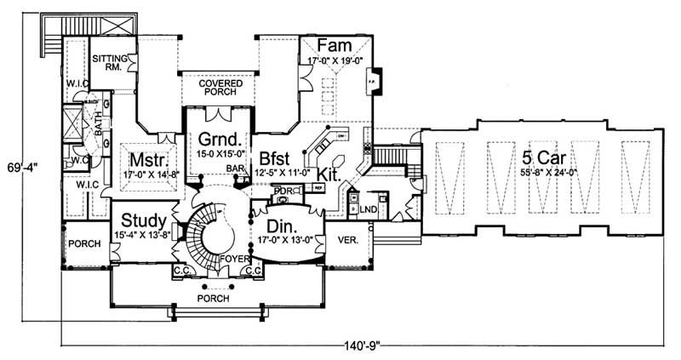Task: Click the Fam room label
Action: click(x=331, y=45)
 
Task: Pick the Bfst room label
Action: click(x=277, y=157)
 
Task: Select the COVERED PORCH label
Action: click(x=220, y=89)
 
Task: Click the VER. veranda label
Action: click(x=345, y=239)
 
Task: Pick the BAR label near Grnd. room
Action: click(x=235, y=169)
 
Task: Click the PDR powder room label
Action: click(x=278, y=191)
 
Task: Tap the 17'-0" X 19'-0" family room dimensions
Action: click(x=331, y=60)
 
